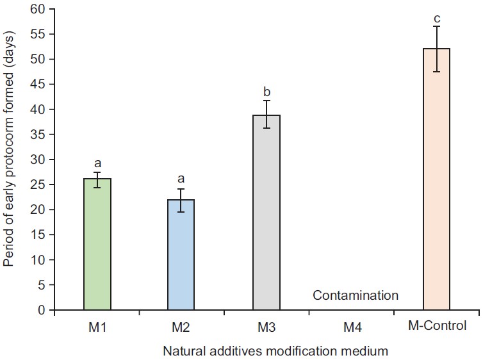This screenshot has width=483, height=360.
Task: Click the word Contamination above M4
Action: [356, 295]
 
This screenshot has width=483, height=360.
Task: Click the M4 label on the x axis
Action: [352, 327]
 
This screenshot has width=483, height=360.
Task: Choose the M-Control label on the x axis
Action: [437, 326]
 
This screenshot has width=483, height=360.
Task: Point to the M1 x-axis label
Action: [97, 327]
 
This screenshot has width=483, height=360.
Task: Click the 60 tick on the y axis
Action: [42, 10]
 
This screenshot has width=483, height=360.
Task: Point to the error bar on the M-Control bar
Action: [437, 49]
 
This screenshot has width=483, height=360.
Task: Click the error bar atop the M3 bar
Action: [266, 114]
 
